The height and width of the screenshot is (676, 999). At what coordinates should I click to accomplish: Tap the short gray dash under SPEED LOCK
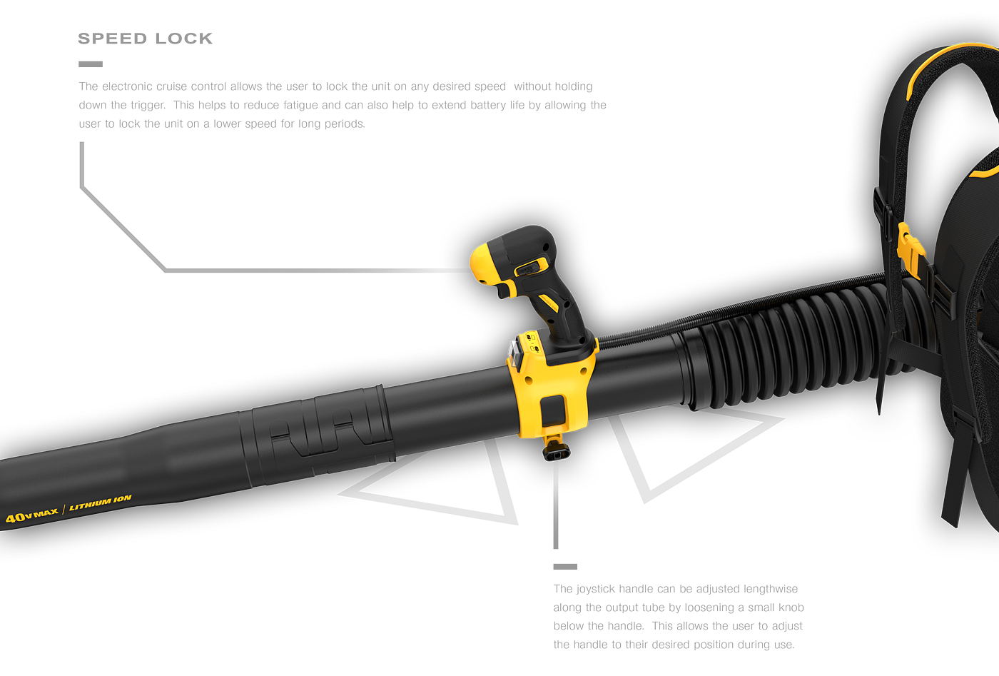pos(90,64)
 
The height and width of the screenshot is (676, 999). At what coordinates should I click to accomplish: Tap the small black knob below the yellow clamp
pos(554,453)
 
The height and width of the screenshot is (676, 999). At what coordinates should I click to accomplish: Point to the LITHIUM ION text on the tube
pos(101,503)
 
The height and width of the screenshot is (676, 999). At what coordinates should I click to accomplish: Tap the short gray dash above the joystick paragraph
pos(565,567)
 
